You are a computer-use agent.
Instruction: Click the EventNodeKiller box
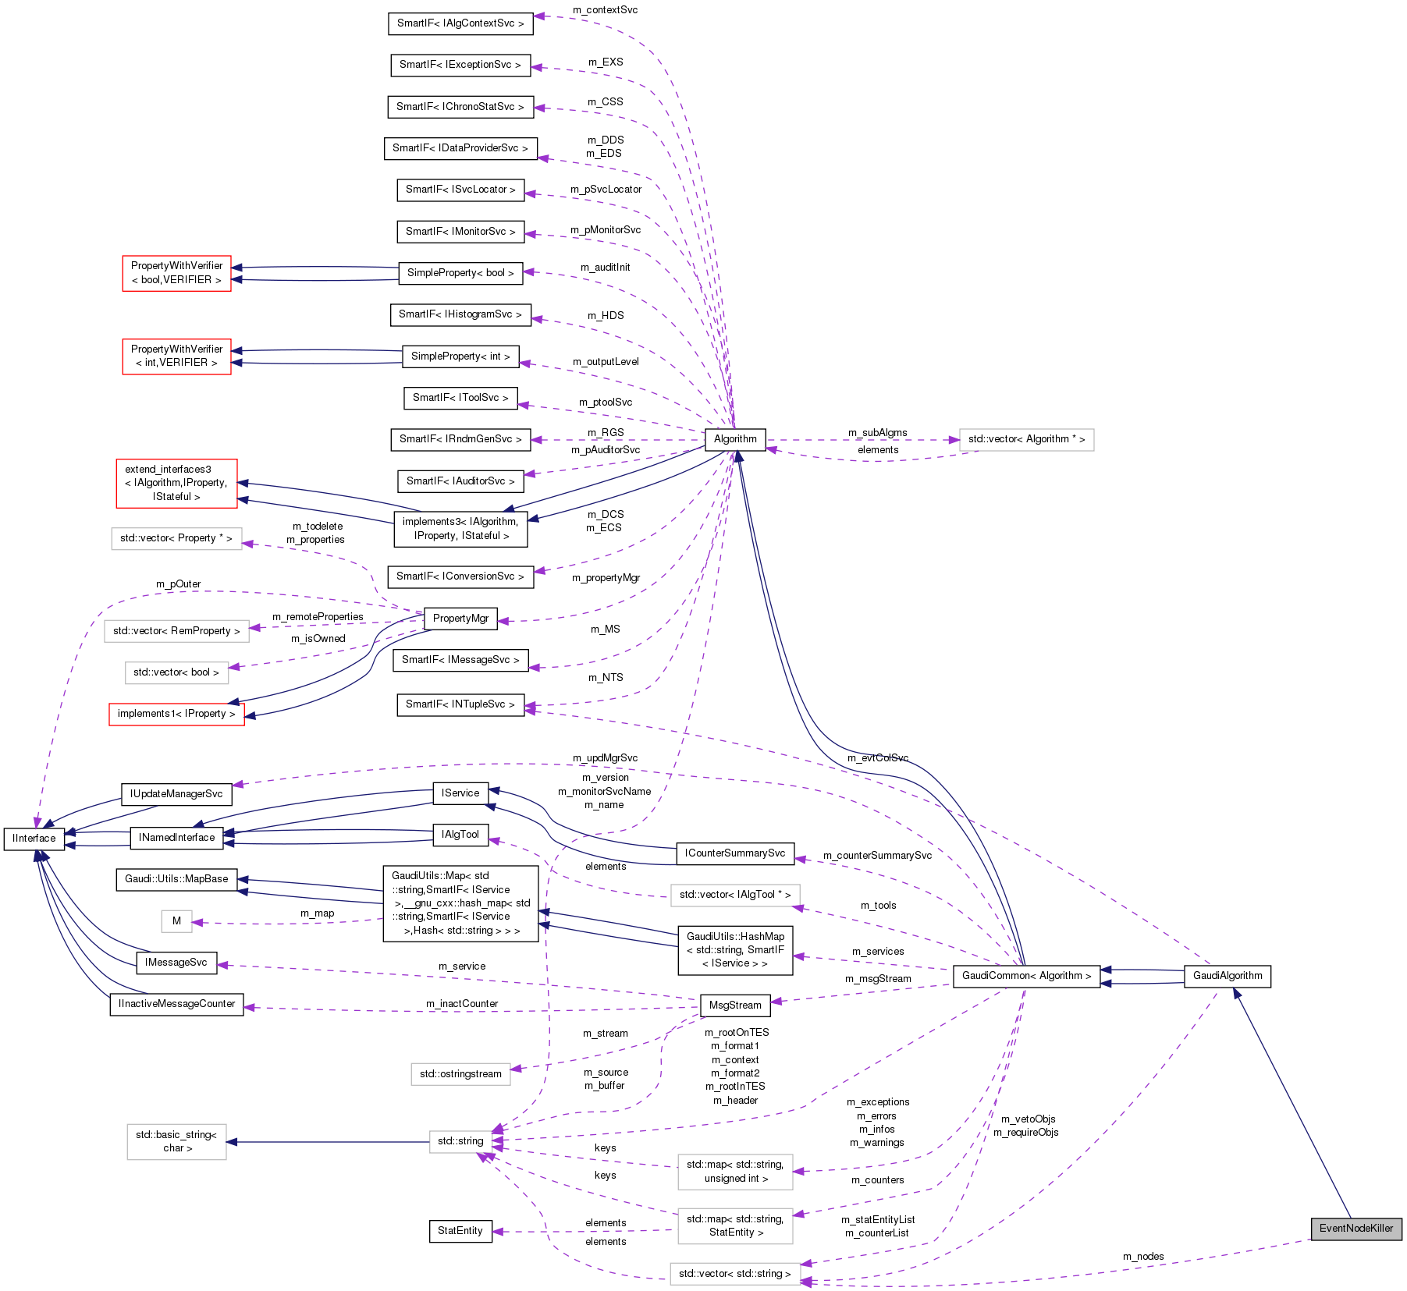[x=1356, y=1228]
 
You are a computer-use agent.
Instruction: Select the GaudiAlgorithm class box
[x=1228, y=976]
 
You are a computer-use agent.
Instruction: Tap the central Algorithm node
[x=735, y=439]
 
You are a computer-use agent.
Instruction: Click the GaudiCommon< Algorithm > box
[x=1026, y=976]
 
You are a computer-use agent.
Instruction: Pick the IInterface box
[x=34, y=839]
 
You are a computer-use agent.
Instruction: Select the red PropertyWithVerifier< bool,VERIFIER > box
[x=176, y=273]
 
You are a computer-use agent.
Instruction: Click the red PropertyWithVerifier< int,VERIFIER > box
[x=176, y=356]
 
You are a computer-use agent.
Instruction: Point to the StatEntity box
[x=460, y=1231]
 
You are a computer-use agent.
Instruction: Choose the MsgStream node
[x=735, y=1005]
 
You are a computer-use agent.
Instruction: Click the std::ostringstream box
[x=460, y=1074]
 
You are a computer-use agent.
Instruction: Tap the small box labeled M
[x=176, y=921]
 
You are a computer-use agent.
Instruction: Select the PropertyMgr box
[x=460, y=619]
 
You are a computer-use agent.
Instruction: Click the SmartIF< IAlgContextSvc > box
[x=460, y=23]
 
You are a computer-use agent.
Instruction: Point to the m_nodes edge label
[x=1143, y=1257]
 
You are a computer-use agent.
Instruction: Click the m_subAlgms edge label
[x=878, y=433]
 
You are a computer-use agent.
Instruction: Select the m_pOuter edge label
[x=179, y=584]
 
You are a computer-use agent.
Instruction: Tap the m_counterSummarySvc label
[x=877, y=856]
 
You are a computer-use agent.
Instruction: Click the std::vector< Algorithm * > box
[x=1026, y=439]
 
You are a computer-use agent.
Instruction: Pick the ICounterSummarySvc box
[x=735, y=853]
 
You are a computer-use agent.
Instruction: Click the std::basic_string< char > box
[x=176, y=1141]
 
